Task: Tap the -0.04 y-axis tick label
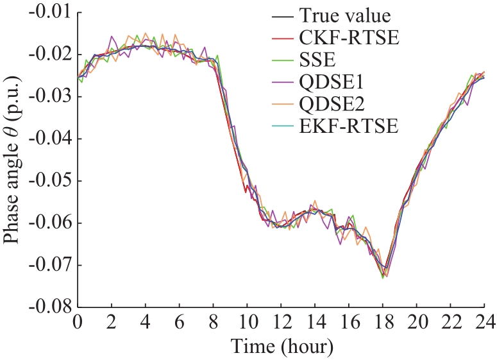[51, 139]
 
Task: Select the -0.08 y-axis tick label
[51, 307]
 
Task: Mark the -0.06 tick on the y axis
[51, 223]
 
